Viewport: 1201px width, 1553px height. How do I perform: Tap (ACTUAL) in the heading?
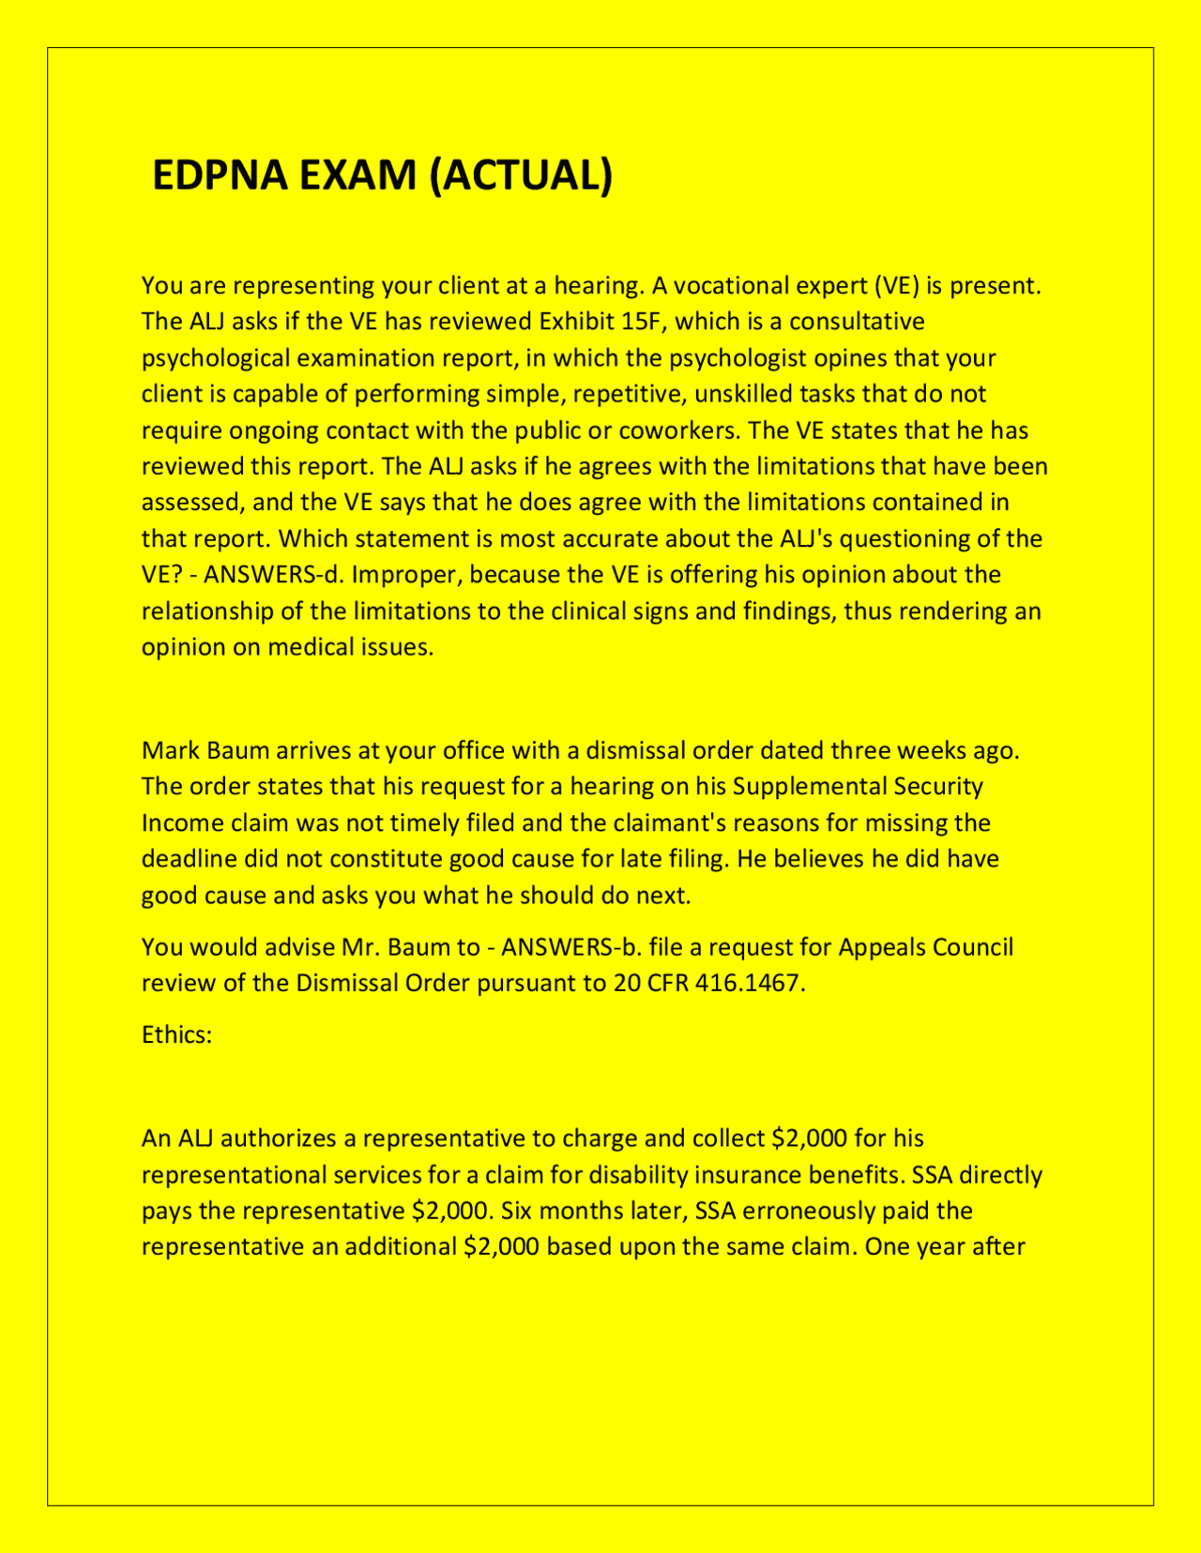(521, 175)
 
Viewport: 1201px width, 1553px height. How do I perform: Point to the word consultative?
(857, 322)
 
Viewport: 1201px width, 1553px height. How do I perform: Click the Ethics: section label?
(177, 1034)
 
